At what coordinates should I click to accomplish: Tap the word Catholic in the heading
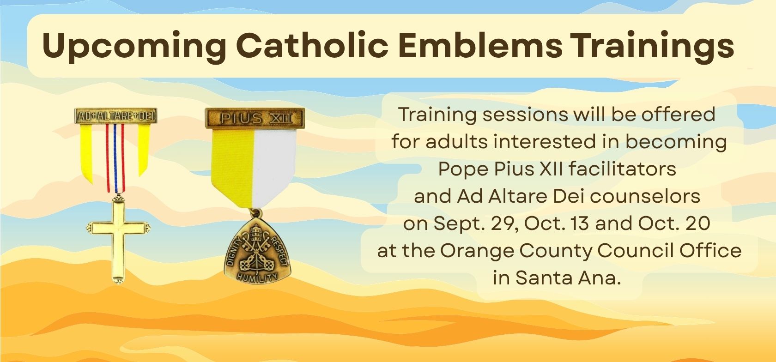pos(312,45)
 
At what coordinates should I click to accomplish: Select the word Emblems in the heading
pos(479,45)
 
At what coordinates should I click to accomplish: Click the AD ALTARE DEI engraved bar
pos(115,116)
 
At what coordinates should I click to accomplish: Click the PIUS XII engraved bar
pos(255,118)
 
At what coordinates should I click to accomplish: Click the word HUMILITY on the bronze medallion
pos(257,277)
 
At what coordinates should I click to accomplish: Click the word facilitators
pos(622,169)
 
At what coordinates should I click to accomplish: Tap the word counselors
pos(645,196)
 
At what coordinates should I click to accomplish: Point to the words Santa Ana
pos(568,278)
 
